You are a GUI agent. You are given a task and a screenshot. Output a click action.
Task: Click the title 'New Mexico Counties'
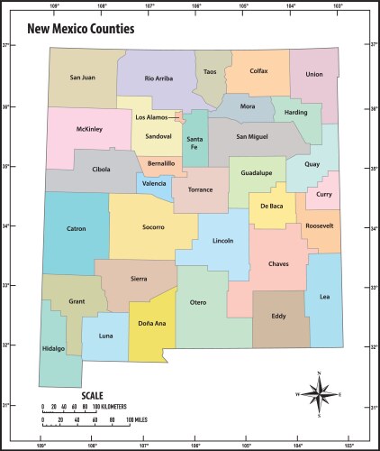point(81,28)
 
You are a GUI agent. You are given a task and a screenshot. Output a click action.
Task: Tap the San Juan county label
point(82,78)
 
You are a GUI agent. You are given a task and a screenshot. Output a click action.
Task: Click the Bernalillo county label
point(161,163)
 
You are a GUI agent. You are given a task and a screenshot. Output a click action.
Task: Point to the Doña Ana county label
point(150,322)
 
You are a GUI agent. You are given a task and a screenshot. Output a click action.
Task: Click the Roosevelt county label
point(319,225)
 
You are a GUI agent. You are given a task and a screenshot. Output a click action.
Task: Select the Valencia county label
point(154,183)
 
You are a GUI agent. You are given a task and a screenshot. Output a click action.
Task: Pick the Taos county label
point(210,71)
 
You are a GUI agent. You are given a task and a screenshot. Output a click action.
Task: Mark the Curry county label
point(324,194)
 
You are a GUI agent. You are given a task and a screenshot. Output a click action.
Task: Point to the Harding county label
point(295,113)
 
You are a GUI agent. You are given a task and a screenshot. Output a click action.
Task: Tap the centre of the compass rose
point(318,394)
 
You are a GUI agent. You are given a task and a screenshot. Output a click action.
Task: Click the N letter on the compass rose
point(318,373)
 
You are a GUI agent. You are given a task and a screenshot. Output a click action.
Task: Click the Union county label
point(313,75)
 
